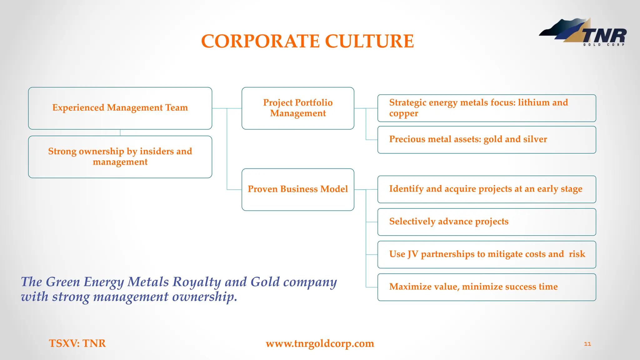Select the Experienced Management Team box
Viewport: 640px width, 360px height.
(120, 108)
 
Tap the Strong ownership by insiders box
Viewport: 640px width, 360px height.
(120, 157)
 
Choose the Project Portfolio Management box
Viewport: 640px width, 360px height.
(298, 108)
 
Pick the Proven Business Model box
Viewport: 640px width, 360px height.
(298, 189)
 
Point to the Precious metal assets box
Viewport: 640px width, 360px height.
(487, 140)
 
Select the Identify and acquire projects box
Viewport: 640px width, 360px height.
(487, 189)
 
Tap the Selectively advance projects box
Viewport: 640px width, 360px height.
(487, 222)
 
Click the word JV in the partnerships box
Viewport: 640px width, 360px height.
(413, 254)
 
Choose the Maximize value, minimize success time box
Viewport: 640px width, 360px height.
(487, 287)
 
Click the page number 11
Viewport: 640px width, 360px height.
(587, 344)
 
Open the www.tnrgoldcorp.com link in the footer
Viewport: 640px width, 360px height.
(320, 343)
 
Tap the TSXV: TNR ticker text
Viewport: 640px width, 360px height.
(77, 343)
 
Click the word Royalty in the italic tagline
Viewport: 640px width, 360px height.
(197, 282)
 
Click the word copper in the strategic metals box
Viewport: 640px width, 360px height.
(403, 113)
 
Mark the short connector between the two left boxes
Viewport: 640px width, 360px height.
(120, 132)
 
